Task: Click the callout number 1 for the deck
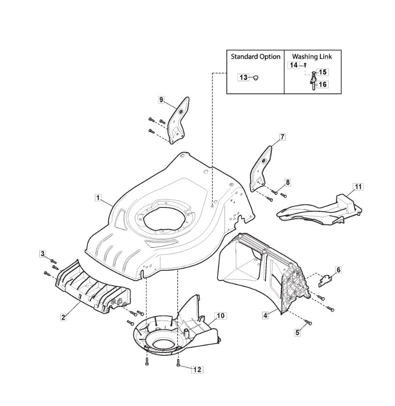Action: pyautogui.click(x=98, y=198)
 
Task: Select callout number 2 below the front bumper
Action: pyautogui.click(x=63, y=317)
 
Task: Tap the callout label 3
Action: pyautogui.click(x=43, y=254)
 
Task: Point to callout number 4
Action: pyautogui.click(x=265, y=315)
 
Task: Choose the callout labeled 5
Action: pyautogui.click(x=298, y=332)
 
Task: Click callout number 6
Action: pyautogui.click(x=339, y=270)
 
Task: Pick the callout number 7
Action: pyautogui.click(x=282, y=137)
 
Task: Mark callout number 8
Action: pyautogui.click(x=288, y=183)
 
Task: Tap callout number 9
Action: pyautogui.click(x=161, y=100)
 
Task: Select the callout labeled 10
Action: pyautogui.click(x=220, y=316)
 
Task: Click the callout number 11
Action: pyautogui.click(x=358, y=187)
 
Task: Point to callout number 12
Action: pyautogui.click(x=197, y=370)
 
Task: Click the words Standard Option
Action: pyautogui.click(x=256, y=57)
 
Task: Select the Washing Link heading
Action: pyautogui.click(x=312, y=57)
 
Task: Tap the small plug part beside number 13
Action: pyautogui.click(x=256, y=77)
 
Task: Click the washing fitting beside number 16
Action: pyautogui.click(x=313, y=82)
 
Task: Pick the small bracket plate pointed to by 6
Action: pyautogui.click(x=325, y=281)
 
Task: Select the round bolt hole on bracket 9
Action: pyautogui.click(x=181, y=111)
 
